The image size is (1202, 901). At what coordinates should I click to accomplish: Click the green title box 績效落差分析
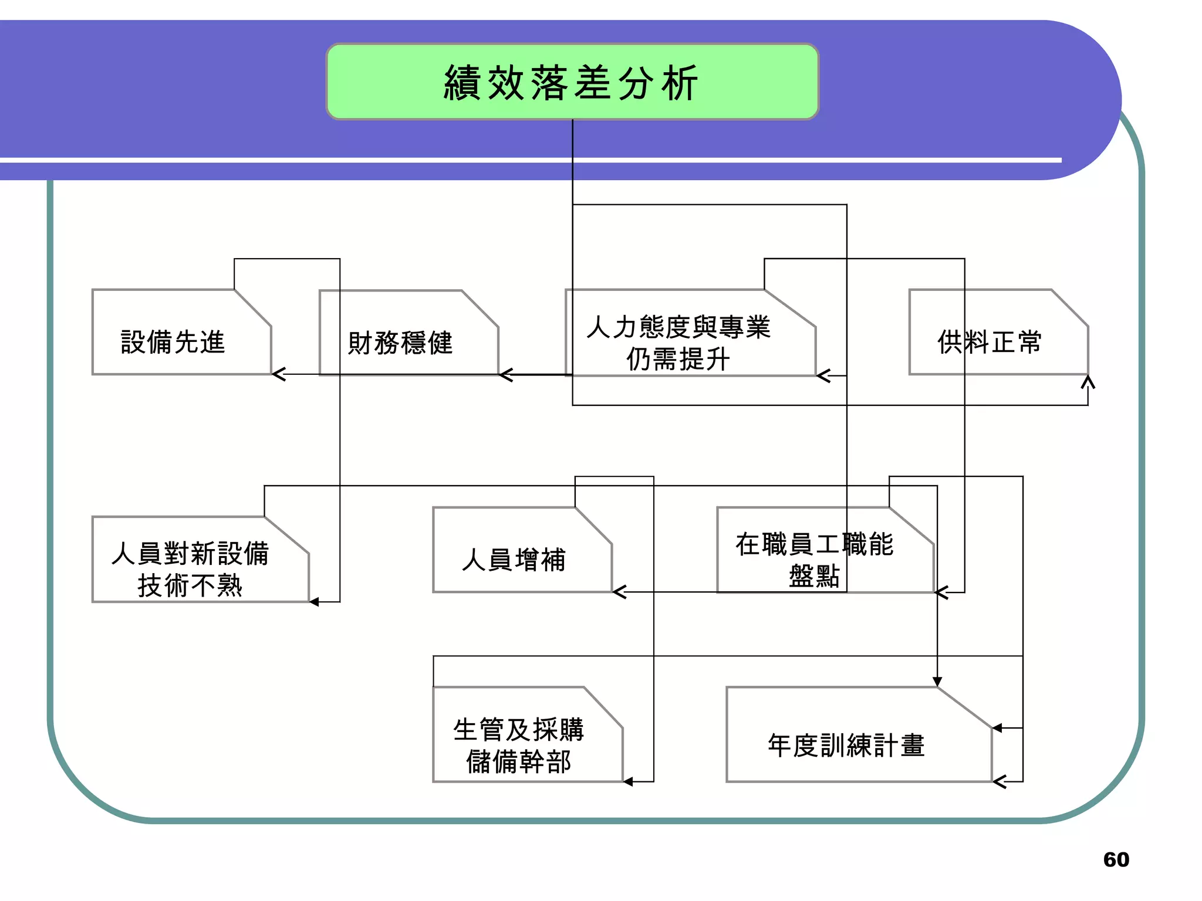tap(572, 82)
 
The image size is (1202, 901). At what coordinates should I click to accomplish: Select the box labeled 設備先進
tap(173, 341)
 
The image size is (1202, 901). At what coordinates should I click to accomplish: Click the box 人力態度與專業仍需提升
tap(678, 342)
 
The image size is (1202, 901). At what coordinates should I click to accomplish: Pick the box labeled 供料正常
tap(990, 341)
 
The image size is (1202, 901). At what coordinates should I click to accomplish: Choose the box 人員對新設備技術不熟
tap(190, 568)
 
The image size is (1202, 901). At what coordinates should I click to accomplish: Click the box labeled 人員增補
tap(514, 559)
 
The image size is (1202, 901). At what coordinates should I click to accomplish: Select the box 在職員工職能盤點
tap(814, 559)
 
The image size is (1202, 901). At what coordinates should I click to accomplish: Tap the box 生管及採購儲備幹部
tap(519, 745)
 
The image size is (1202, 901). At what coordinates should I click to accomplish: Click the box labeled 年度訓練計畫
tap(846, 745)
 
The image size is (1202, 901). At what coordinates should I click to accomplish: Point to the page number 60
tap(1116, 859)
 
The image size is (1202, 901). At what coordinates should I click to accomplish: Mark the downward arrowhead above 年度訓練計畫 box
tap(937, 681)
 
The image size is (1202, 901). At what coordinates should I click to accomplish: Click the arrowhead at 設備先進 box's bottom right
tap(278, 374)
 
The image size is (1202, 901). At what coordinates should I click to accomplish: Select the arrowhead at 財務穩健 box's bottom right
tap(505, 375)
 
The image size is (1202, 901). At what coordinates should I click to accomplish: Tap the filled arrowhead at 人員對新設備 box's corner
tap(315, 602)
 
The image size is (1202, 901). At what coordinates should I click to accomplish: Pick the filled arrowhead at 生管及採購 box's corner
tap(628, 781)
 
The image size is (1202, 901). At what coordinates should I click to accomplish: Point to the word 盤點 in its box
tap(814, 575)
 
